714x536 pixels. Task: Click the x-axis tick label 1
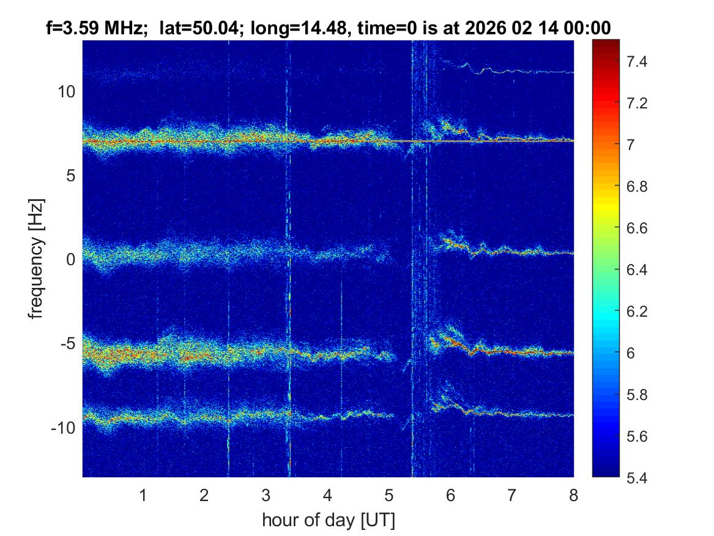click(143, 496)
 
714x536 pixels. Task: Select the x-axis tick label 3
click(266, 496)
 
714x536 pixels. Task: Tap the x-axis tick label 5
click(389, 496)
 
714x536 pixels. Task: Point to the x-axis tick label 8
click(573, 496)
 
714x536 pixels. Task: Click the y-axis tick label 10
click(65, 92)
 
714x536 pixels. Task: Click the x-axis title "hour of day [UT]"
click(328, 521)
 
